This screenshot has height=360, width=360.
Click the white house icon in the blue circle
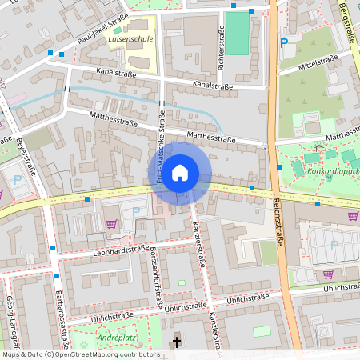coord(180,171)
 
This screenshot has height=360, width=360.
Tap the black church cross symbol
coord(177,343)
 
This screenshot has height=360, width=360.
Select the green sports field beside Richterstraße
coord(238,34)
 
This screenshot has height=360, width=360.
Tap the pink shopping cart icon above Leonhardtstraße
coord(111,224)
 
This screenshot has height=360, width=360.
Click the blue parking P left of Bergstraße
coord(283,43)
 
